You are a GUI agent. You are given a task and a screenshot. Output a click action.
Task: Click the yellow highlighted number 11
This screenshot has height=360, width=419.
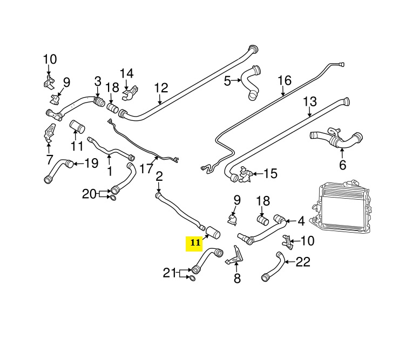194,244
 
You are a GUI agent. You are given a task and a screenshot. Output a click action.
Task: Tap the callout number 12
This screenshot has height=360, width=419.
161,87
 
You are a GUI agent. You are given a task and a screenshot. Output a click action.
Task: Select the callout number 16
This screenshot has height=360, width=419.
284,81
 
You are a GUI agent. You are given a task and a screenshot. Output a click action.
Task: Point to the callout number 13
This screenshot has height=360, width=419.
309,101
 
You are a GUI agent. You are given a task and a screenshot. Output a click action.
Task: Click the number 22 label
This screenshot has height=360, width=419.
303,262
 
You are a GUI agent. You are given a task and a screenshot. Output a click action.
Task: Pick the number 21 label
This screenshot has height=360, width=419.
170,273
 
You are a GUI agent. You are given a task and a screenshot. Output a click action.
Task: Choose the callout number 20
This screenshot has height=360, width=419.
89,193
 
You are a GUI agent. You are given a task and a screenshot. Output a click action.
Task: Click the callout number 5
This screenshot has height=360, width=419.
227,81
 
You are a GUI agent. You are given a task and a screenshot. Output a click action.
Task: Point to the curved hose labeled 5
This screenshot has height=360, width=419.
251,81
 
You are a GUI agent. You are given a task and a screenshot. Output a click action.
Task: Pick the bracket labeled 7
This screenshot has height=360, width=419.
49,133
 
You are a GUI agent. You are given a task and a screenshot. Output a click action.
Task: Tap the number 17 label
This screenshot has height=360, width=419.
146,168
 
